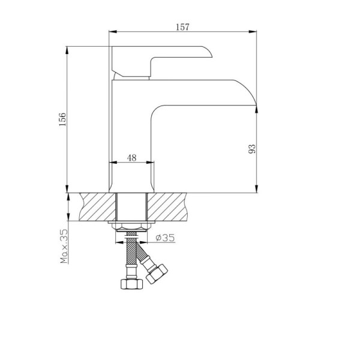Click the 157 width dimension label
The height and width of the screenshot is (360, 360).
[x=183, y=27]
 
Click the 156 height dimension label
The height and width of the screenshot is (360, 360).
[x=62, y=119]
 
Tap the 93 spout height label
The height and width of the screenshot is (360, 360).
[x=252, y=149]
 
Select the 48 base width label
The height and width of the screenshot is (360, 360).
[x=131, y=158]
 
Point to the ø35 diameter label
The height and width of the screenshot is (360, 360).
[x=165, y=238]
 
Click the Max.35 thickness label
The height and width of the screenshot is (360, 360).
[x=64, y=246]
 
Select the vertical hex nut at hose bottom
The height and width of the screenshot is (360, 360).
[x=131, y=284]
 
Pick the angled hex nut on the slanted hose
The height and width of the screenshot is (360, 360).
[x=157, y=274]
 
